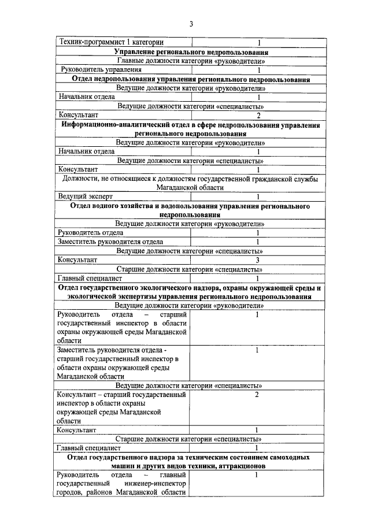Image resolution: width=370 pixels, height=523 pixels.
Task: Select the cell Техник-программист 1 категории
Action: (x=110, y=42)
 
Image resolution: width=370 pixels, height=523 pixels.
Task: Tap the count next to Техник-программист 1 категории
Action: (x=258, y=42)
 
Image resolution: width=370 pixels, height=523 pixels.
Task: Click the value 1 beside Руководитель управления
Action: (x=258, y=69)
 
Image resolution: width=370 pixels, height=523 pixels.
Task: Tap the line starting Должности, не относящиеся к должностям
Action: (x=190, y=179)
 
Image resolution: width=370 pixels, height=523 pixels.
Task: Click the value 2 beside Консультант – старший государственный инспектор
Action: (x=257, y=395)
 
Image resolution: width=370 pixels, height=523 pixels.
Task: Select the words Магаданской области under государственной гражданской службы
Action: (x=190, y=188)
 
